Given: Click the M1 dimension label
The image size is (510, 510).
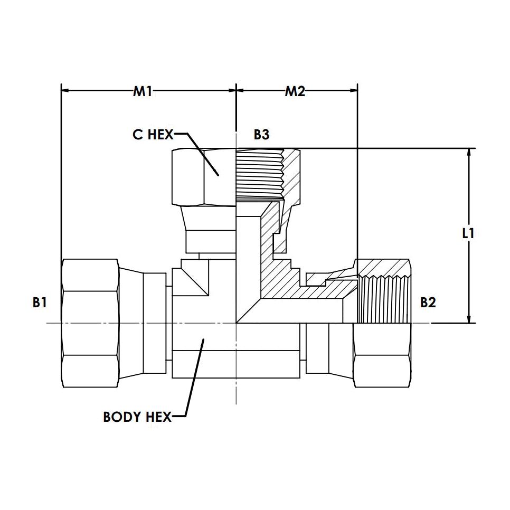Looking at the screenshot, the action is [143, 92].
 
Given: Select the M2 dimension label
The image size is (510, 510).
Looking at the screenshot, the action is [295, 92].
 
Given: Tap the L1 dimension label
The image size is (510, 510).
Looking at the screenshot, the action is [468, 233].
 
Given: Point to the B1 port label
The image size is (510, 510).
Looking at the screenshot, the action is [40, 303].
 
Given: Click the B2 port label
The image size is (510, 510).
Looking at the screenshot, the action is [428, 303].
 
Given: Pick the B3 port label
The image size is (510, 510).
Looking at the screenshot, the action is [261, 134].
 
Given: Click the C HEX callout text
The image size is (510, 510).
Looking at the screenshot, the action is [153, 134].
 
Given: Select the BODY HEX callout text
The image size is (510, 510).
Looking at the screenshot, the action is [137, 417].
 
